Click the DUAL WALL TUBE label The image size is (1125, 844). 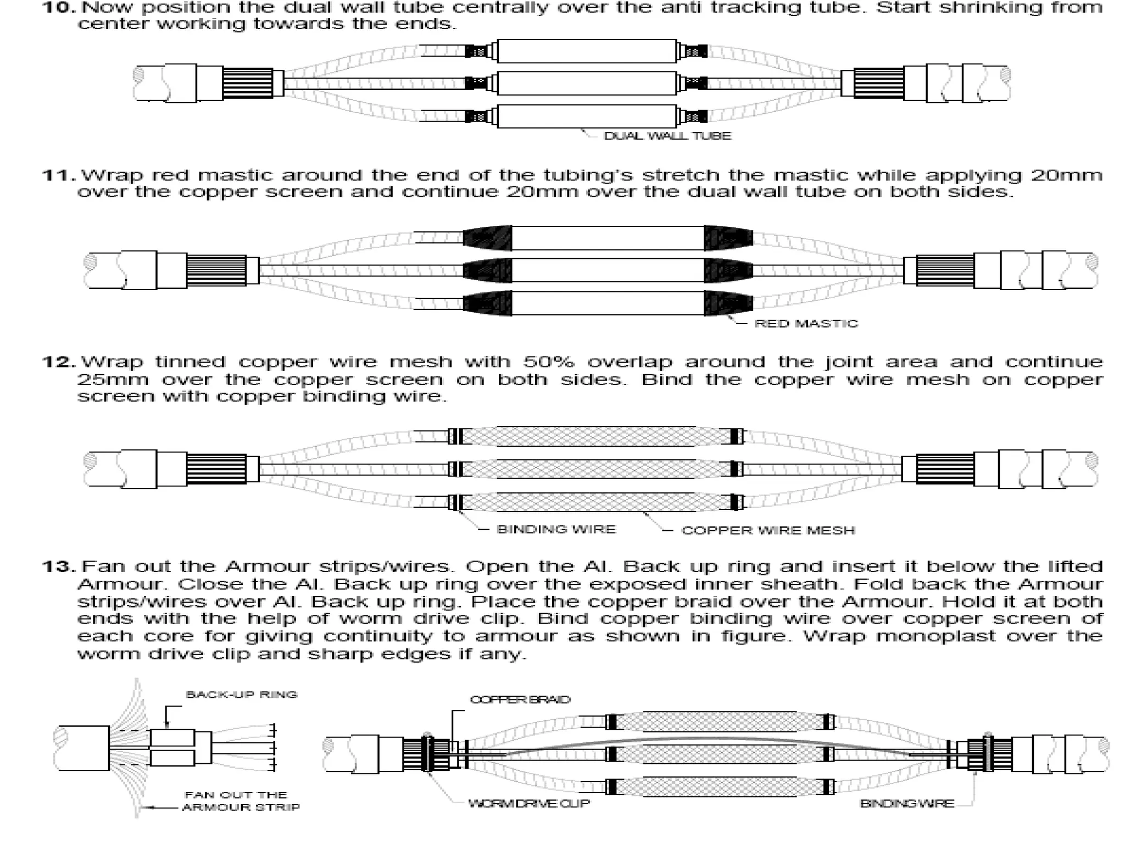click(667, 136)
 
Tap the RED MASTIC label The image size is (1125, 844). click(806, 324)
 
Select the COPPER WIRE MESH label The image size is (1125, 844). click(768, 530)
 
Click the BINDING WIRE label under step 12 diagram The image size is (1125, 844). click(556, 529)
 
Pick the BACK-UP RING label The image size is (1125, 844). click(242, 695)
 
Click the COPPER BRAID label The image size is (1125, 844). click(520, 699)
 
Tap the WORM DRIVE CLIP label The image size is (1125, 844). click(528, 803)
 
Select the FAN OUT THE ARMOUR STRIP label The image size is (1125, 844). click(241, 801)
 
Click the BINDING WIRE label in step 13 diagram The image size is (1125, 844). click(907, 803)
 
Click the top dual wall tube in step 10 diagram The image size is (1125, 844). click(586, 51)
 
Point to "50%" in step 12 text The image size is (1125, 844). click(548, 362)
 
